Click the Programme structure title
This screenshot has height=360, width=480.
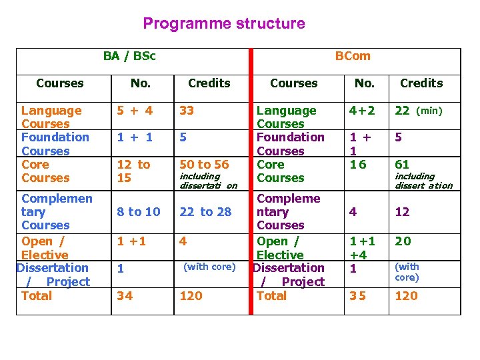tap(224, 24)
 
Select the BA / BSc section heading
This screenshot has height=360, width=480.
tap(129, 56)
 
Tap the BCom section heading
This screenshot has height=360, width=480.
tap(353, 56)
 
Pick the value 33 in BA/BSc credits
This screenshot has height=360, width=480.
tap(187, 111)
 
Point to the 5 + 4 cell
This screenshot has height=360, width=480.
tap(135, 111)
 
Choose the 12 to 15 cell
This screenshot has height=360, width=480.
tap(134, 171)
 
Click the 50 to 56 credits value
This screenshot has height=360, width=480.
tap(204, 165)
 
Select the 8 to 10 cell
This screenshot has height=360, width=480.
tap(139, 212)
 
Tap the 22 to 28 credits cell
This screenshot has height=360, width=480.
tap(205, 212)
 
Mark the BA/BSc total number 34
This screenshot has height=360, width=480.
tap(125, 295)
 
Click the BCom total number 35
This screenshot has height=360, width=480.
tap(358, 295)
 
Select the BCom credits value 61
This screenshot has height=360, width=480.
tap(402, 165)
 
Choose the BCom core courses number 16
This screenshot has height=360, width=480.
tap(359, 165)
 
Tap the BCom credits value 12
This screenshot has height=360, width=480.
tap(403, 212)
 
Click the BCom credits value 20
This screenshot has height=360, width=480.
tap(403, 241)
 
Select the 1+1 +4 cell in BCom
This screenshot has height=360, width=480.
tap(363, 248)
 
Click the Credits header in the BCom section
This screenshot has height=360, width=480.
tap(421, 83)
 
